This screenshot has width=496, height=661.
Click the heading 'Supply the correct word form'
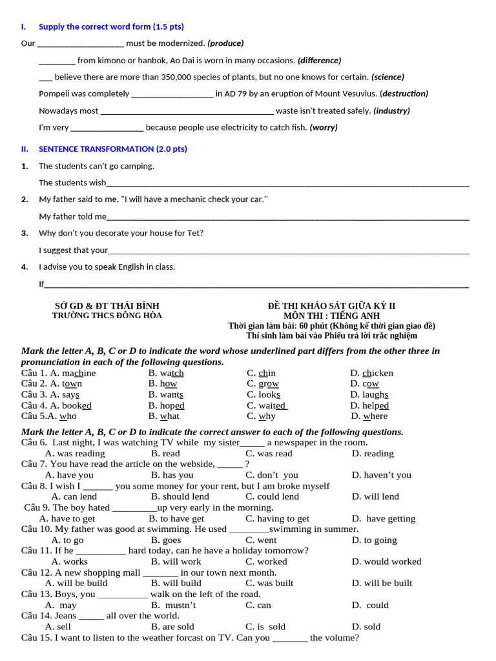[x=111, y=26]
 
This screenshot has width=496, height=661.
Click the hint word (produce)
[x=225, y=43]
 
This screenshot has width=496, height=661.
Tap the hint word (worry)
[x=324, y=127]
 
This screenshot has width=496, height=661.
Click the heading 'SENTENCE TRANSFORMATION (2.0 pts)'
[x=112, y=148]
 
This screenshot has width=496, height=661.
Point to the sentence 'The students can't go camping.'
[x=96, y=166]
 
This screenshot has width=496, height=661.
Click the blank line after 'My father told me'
[x=287, y=217]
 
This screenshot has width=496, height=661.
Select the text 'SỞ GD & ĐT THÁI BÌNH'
[x=107, y=305]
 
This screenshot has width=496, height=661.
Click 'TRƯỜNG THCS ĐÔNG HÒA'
[x=107, y=316]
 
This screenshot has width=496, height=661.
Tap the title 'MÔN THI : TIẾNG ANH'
[x=331, y=316]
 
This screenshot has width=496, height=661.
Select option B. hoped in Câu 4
[x=166, y=405]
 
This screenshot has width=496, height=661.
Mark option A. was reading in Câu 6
[x=75, y=453]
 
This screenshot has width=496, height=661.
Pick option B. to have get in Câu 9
[x=176, y=518]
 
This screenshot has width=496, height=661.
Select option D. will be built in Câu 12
[x=382, y=583]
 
